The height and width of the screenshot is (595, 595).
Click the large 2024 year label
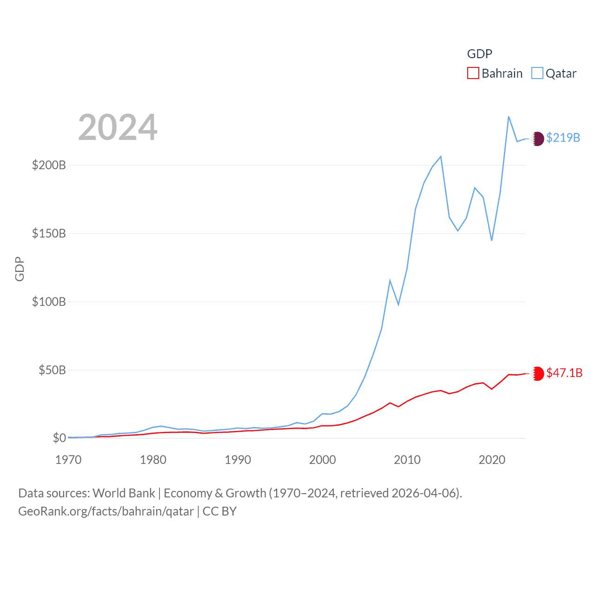click(x=118, y=127)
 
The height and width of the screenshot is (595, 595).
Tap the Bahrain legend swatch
click(x=473, y=73)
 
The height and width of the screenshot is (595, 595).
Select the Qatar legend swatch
click(x=537, y=73)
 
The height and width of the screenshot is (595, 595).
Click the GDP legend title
click(x=479, y=54)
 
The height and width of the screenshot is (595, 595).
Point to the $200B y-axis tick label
click(x=49, y=165)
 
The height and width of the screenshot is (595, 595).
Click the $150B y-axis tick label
click(x=49, y=233)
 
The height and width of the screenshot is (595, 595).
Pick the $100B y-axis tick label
click(x=49, y=302)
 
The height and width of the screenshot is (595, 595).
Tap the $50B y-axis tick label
click(x=52, y=370)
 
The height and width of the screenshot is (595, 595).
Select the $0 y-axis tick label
click(x=59, y=438)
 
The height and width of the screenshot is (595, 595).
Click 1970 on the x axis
click(x=68, y=460)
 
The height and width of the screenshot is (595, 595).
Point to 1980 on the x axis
click(x=153, y=460)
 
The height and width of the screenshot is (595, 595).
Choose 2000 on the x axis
click(x=323, y=460)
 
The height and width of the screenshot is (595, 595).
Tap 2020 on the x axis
click(x=492, y=460)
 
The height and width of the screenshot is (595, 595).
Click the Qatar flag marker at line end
click(x=537, y=139)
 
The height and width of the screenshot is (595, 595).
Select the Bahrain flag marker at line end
click(x=537, y=374)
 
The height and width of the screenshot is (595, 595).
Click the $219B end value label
click(x=563, y=138)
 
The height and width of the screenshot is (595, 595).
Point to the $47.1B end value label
click(x=564, y=373)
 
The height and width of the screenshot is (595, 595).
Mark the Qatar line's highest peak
click(x=509, y=117)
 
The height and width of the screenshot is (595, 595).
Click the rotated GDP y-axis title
click(x=20, y=269)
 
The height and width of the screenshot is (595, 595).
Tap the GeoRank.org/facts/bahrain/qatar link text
click(x=106, y=511)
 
